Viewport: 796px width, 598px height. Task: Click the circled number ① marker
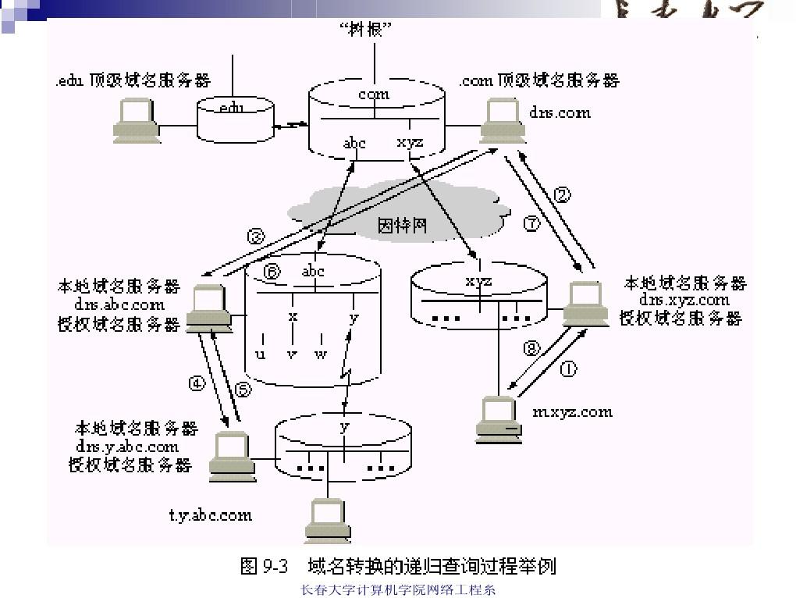pos(569,369)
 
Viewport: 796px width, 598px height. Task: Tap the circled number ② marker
pos(563,194)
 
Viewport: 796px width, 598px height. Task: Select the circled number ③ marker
pos(257,236)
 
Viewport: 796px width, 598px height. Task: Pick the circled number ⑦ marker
pos(531,223)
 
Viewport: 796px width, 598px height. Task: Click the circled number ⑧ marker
pos(531,349)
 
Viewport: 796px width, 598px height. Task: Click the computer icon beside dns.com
pos(501,122)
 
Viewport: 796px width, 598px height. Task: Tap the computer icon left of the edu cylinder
pos(136,121)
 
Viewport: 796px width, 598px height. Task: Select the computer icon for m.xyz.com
pos(499,420)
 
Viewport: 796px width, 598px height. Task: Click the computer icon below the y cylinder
pos(327,521)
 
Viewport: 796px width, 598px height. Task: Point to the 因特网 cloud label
pos(402,226)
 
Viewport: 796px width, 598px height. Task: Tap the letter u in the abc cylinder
pos(261,355)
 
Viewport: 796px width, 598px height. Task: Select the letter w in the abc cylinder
pos(321,355)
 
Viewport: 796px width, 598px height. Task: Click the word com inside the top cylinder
pos(373,94)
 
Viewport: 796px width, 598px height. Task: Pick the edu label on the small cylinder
pos(232,107)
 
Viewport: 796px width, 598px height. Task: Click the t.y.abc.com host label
pos(211,514)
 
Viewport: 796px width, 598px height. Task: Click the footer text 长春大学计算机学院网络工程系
pos(398,590)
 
